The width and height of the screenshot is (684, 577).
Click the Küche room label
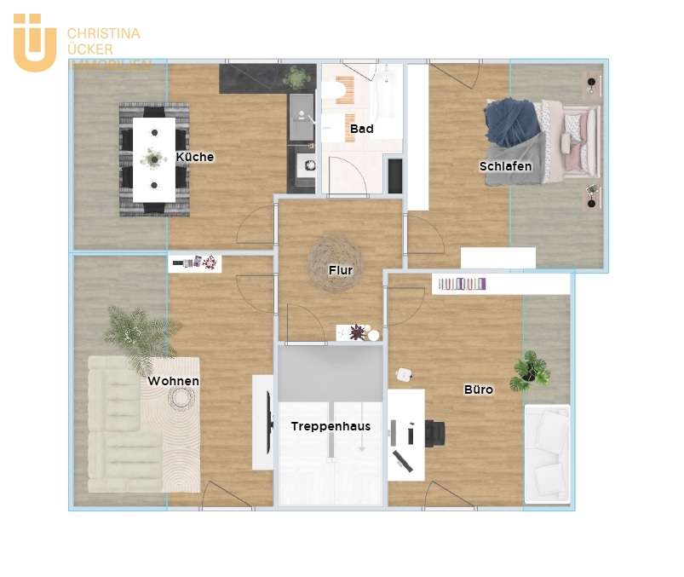(x=195, y=157)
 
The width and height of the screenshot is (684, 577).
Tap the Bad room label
(x=361, y=130)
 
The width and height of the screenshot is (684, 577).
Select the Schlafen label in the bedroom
(x=505, y=166)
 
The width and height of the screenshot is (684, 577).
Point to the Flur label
(x=341, y=270)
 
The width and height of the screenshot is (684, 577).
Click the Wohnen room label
(x=173, y=381)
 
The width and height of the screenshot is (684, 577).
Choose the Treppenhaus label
(x=331, y=426)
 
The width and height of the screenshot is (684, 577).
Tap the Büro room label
(x=478, y=389)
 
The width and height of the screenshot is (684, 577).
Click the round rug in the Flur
(x=333, y=261)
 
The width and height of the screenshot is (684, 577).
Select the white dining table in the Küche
(x=154, y=159)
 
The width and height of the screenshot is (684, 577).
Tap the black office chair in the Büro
(x=434, y=433)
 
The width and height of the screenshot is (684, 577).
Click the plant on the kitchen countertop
(x=296, y=79)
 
